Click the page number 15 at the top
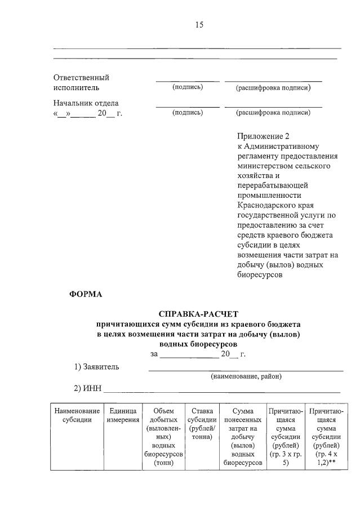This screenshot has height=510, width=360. [x=199, y=25]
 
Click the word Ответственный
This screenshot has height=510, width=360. [x=81, y=78]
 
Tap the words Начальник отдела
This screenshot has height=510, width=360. [x=86, y=103]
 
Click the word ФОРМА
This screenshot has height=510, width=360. [x=86, y=294]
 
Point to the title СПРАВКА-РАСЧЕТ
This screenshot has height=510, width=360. [x=199, y=314]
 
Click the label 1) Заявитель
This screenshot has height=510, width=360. [x=97, y=367]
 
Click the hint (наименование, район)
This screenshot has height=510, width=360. [x=246, y=376]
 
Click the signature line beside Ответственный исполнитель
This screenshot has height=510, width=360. [x=188, y=81]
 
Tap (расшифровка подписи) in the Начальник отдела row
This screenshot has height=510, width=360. [x=273, y=113]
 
